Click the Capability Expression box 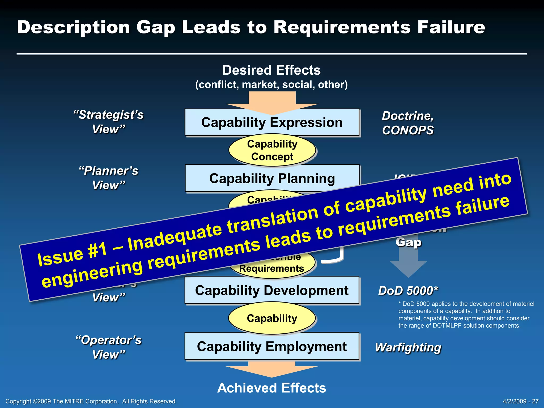(x=272, y=122)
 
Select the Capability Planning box (x=272, y=178)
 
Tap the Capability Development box (x=272, y=290)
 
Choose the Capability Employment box (x=272, y=346)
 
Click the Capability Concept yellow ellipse (x=272, y=150)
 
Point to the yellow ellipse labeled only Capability (x=272, y=318)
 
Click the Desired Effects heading (x=271, y=70)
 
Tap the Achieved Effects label (x=271, y=388)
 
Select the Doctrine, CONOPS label (x=408, y=123)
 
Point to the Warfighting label (x=408, y=347)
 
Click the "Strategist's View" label (x=108, y=122)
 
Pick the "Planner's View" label (x=108, y=178)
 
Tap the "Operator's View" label (x=108, y=347)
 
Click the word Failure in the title (x=451, y=27)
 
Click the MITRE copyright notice (x=91, y=401)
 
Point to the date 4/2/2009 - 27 (x=521, y=401)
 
